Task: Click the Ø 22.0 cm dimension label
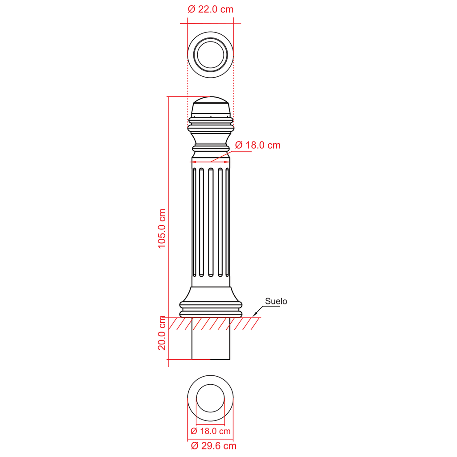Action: pos(211,9)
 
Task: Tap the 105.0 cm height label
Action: pos(162,228)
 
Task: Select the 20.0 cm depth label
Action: pos(162,333)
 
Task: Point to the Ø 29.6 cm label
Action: pos(214,446)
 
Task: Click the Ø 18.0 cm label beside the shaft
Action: pos(258,145)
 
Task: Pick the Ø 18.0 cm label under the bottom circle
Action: pos(211,431)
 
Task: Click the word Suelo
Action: pos(276,301)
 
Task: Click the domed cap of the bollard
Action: pos(211,100)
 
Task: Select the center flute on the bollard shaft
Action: pos(211,222)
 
